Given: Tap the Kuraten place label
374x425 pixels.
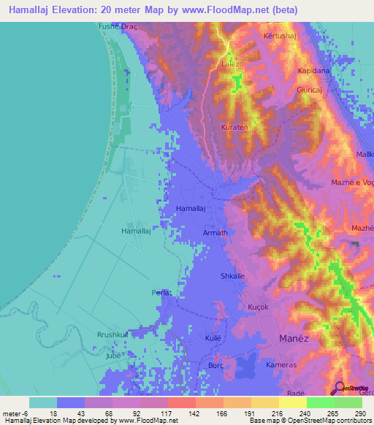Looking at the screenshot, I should click(234, 127).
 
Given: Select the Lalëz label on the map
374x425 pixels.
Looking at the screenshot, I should click(230, 64).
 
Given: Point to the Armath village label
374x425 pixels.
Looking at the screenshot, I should click(215, 233).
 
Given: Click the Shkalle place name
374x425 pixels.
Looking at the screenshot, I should click(232, 276).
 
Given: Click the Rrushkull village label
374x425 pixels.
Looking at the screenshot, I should click(112, 334).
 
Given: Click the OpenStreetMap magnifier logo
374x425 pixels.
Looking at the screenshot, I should click(337, 388).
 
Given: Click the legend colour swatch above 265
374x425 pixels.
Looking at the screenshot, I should click(320, 402).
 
